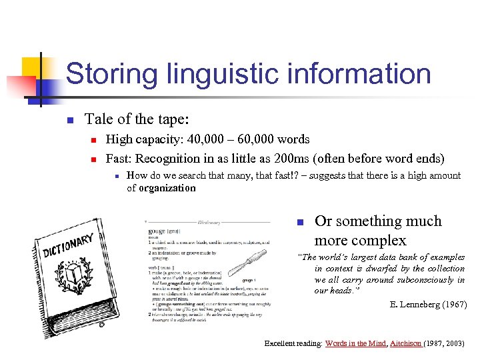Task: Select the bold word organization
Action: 167,188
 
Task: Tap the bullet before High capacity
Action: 93,140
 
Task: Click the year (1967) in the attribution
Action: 454,305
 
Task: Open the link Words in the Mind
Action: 356,343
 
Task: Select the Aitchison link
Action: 406,343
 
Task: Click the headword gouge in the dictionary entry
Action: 157,231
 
